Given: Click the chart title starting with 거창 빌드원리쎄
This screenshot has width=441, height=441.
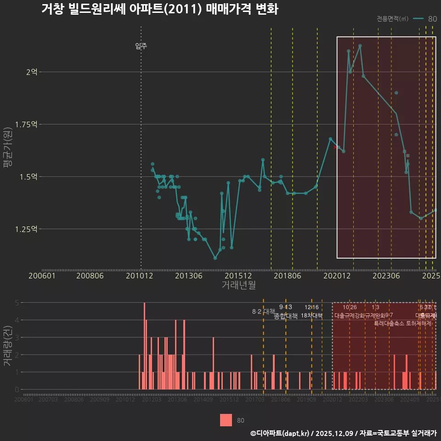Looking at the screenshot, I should pyautogui.click(x=159, y=9).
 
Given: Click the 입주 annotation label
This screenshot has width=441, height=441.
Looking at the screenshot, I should pyautogui.click(x=141, y=46).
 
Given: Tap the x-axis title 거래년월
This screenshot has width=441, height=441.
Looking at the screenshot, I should pyautogui.click(x=238, y=285).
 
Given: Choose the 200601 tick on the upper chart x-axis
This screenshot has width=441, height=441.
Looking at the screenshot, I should pyautogui.click(x=42, y=276).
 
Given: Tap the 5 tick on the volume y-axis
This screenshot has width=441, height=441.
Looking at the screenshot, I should pyautogui.click(x=17, y=303).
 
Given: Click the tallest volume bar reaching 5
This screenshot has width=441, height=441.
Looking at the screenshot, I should pyautogui.click(x=144, y=346).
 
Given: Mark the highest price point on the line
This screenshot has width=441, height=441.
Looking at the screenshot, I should pyautogui.click(x=360, y=45).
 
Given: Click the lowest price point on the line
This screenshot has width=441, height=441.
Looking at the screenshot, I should pyautogui.click(x=215, y=258).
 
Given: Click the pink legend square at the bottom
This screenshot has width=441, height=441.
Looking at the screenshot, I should pyautogui.click(x=226, y=420).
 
